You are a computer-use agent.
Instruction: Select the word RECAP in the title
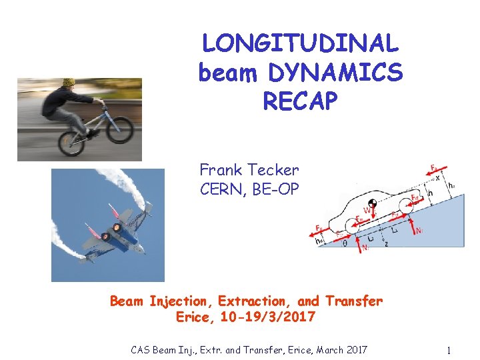[x=301, y=101]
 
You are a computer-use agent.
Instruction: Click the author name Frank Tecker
[x=249, y=171]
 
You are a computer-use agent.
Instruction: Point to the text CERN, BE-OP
[x=249, y=189]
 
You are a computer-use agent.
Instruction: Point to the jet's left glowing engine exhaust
[x=105, y=236]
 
